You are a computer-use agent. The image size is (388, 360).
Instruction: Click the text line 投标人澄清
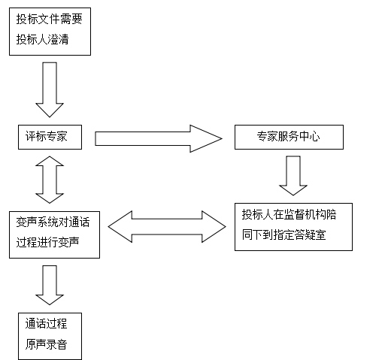pyautogui.click(x=42, y=39)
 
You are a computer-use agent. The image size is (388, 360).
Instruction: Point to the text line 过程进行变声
pyautogui.click(x=47, y=242)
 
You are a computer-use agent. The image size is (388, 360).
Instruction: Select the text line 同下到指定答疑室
pyautogui.click(x=283, y=234)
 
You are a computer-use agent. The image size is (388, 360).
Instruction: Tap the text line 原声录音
pyautogui.click(x=46, y=344)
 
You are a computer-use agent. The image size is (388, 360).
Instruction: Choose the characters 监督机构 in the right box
pyautogui.click(x=294, y=214)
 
